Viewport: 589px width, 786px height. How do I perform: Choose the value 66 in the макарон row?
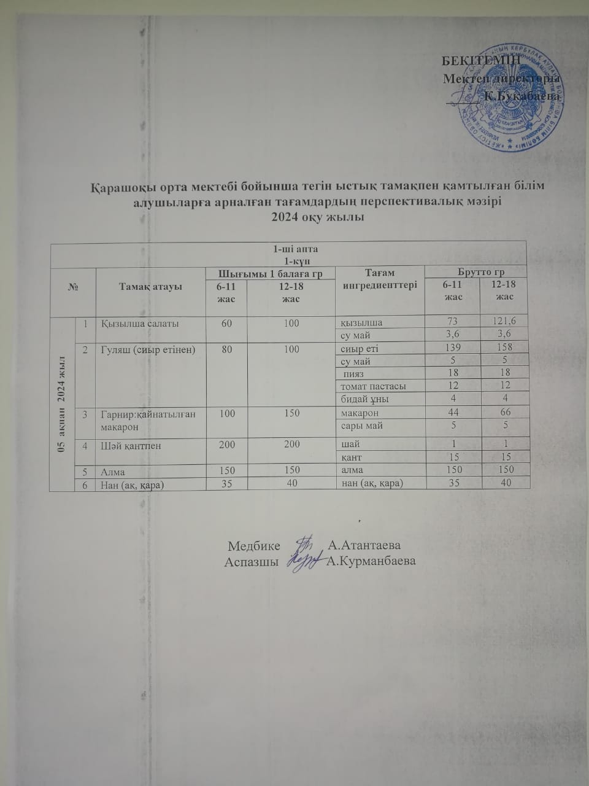pyautogui.click(x=504, y=413)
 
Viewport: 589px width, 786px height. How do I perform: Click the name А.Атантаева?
pyautogui.click(x=364, y=545)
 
